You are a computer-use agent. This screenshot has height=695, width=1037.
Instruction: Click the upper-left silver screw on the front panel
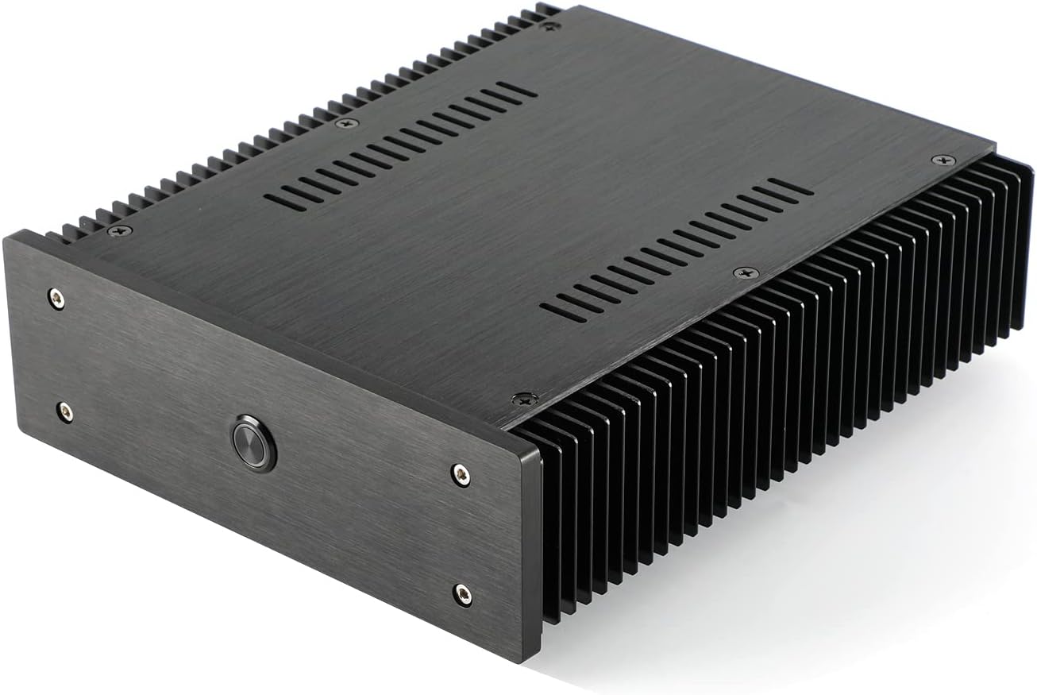(56, 299)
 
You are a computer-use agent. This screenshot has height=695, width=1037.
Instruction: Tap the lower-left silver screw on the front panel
(65, 411)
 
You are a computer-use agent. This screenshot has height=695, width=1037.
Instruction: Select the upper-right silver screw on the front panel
(461, 474)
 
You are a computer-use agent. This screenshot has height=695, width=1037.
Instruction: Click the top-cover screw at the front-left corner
(121, 230)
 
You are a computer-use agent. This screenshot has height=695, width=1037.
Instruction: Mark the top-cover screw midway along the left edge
(346, 123)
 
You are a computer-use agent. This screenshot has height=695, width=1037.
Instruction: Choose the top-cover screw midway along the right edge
(746, 272)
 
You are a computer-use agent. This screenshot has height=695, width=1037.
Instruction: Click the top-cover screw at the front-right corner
(525, 399)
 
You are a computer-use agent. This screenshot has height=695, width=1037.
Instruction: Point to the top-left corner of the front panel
(17, 231)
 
